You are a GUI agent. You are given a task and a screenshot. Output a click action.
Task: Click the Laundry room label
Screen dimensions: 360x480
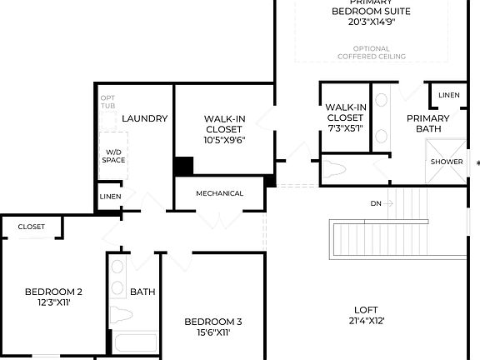145,118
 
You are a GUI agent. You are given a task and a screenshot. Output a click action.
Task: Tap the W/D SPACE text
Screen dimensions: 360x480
112,157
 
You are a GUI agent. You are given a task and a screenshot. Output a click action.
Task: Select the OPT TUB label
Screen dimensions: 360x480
108,102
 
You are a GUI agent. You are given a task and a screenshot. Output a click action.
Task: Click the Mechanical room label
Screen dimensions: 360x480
220,193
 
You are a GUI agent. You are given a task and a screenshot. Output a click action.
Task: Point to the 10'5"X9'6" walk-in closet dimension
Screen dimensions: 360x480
224,140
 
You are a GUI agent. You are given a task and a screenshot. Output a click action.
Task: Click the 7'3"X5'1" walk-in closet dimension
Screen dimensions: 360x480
345,128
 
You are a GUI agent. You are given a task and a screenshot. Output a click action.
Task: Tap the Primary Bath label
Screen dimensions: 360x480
427,123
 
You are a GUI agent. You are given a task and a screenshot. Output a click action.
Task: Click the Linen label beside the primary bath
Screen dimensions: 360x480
448,95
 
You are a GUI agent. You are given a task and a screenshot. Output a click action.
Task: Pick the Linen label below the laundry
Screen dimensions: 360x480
110,197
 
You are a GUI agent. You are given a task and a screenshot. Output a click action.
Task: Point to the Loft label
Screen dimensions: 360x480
367,307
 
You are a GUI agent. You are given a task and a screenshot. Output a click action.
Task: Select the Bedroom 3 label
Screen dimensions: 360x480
213,322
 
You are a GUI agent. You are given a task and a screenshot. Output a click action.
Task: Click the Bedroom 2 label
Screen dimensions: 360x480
53,292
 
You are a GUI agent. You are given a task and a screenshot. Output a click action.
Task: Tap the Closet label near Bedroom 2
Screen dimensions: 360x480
32,226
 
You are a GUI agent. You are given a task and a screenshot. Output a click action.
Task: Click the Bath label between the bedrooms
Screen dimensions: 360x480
142,292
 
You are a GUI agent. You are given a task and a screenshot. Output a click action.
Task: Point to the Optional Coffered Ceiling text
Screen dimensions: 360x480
372,52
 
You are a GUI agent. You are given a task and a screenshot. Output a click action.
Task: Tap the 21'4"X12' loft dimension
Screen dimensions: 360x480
367,320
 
